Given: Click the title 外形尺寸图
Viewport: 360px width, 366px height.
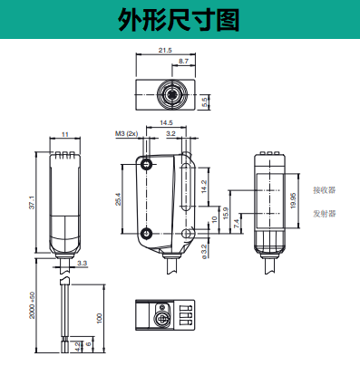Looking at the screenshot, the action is [179, 20].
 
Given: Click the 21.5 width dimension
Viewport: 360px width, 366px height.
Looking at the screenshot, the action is [165, 50].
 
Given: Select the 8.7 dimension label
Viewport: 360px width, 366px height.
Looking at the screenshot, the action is [183, 61].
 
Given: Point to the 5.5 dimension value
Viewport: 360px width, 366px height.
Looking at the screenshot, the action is [205, 102].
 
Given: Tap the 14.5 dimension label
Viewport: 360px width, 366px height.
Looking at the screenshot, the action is [166, 122].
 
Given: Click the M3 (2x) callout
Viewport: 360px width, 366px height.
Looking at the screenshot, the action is [126, 133].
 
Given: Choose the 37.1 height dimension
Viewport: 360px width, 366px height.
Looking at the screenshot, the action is [32, 202].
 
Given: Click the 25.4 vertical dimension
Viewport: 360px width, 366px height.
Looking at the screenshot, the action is [118, 199].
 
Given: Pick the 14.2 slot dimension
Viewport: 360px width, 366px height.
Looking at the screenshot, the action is [204, 187].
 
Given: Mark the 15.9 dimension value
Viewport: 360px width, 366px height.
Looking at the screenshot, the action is [226, 213].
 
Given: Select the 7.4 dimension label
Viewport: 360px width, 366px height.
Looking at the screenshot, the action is [237, 223].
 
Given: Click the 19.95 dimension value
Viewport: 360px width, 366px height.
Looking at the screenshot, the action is [293, 200].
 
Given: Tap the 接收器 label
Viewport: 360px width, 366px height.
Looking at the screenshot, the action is [325, 190].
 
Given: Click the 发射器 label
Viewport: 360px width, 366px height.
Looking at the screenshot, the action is [325, 214].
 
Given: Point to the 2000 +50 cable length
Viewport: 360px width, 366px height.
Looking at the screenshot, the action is [32, 305].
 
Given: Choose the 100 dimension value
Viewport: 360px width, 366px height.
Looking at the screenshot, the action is [100, 319].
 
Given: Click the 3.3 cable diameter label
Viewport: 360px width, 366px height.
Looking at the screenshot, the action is [82, 263].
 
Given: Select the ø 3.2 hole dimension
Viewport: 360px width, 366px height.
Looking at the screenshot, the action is [204, 252].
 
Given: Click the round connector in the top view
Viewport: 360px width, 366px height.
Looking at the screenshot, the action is [171, 94].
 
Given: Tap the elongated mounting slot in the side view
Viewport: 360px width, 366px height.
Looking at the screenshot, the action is [184, 187].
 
